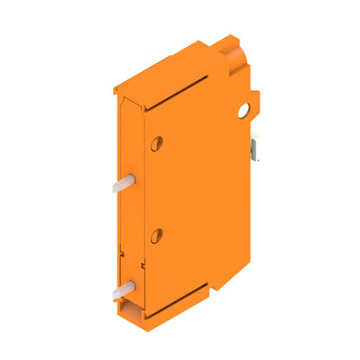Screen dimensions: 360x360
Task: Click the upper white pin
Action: (120, 183)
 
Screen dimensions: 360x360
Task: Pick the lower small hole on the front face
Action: (157, 235)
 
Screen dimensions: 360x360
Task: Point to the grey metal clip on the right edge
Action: (256, 148)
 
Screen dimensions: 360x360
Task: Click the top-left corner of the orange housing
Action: (117, 88)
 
